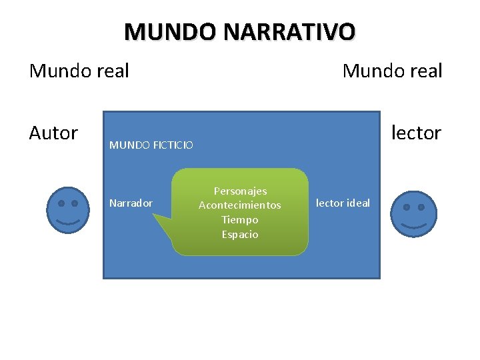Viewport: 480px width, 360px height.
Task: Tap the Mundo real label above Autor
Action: tap(79, 71)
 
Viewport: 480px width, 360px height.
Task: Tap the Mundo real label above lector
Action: tap(392, 71)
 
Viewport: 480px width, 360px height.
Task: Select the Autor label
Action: tap(53, 133)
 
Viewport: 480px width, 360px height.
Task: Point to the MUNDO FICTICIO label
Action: tap(151, 145)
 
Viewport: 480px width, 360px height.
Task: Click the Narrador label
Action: tap(131, 203)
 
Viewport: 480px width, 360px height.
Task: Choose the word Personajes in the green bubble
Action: tap(240, 191)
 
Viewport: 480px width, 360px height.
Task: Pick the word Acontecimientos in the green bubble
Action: tap(240, 205)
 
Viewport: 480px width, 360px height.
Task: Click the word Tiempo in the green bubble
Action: tap(240, 220)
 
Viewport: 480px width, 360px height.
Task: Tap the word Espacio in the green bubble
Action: tap(240, 234)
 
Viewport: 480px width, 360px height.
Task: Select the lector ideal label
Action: tap(343, 203)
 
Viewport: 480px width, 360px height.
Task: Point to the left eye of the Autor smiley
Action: tap(60, 203)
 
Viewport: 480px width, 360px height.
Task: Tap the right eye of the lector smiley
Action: tap(422, 207)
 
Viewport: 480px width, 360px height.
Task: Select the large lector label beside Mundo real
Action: tap(416, 133)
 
